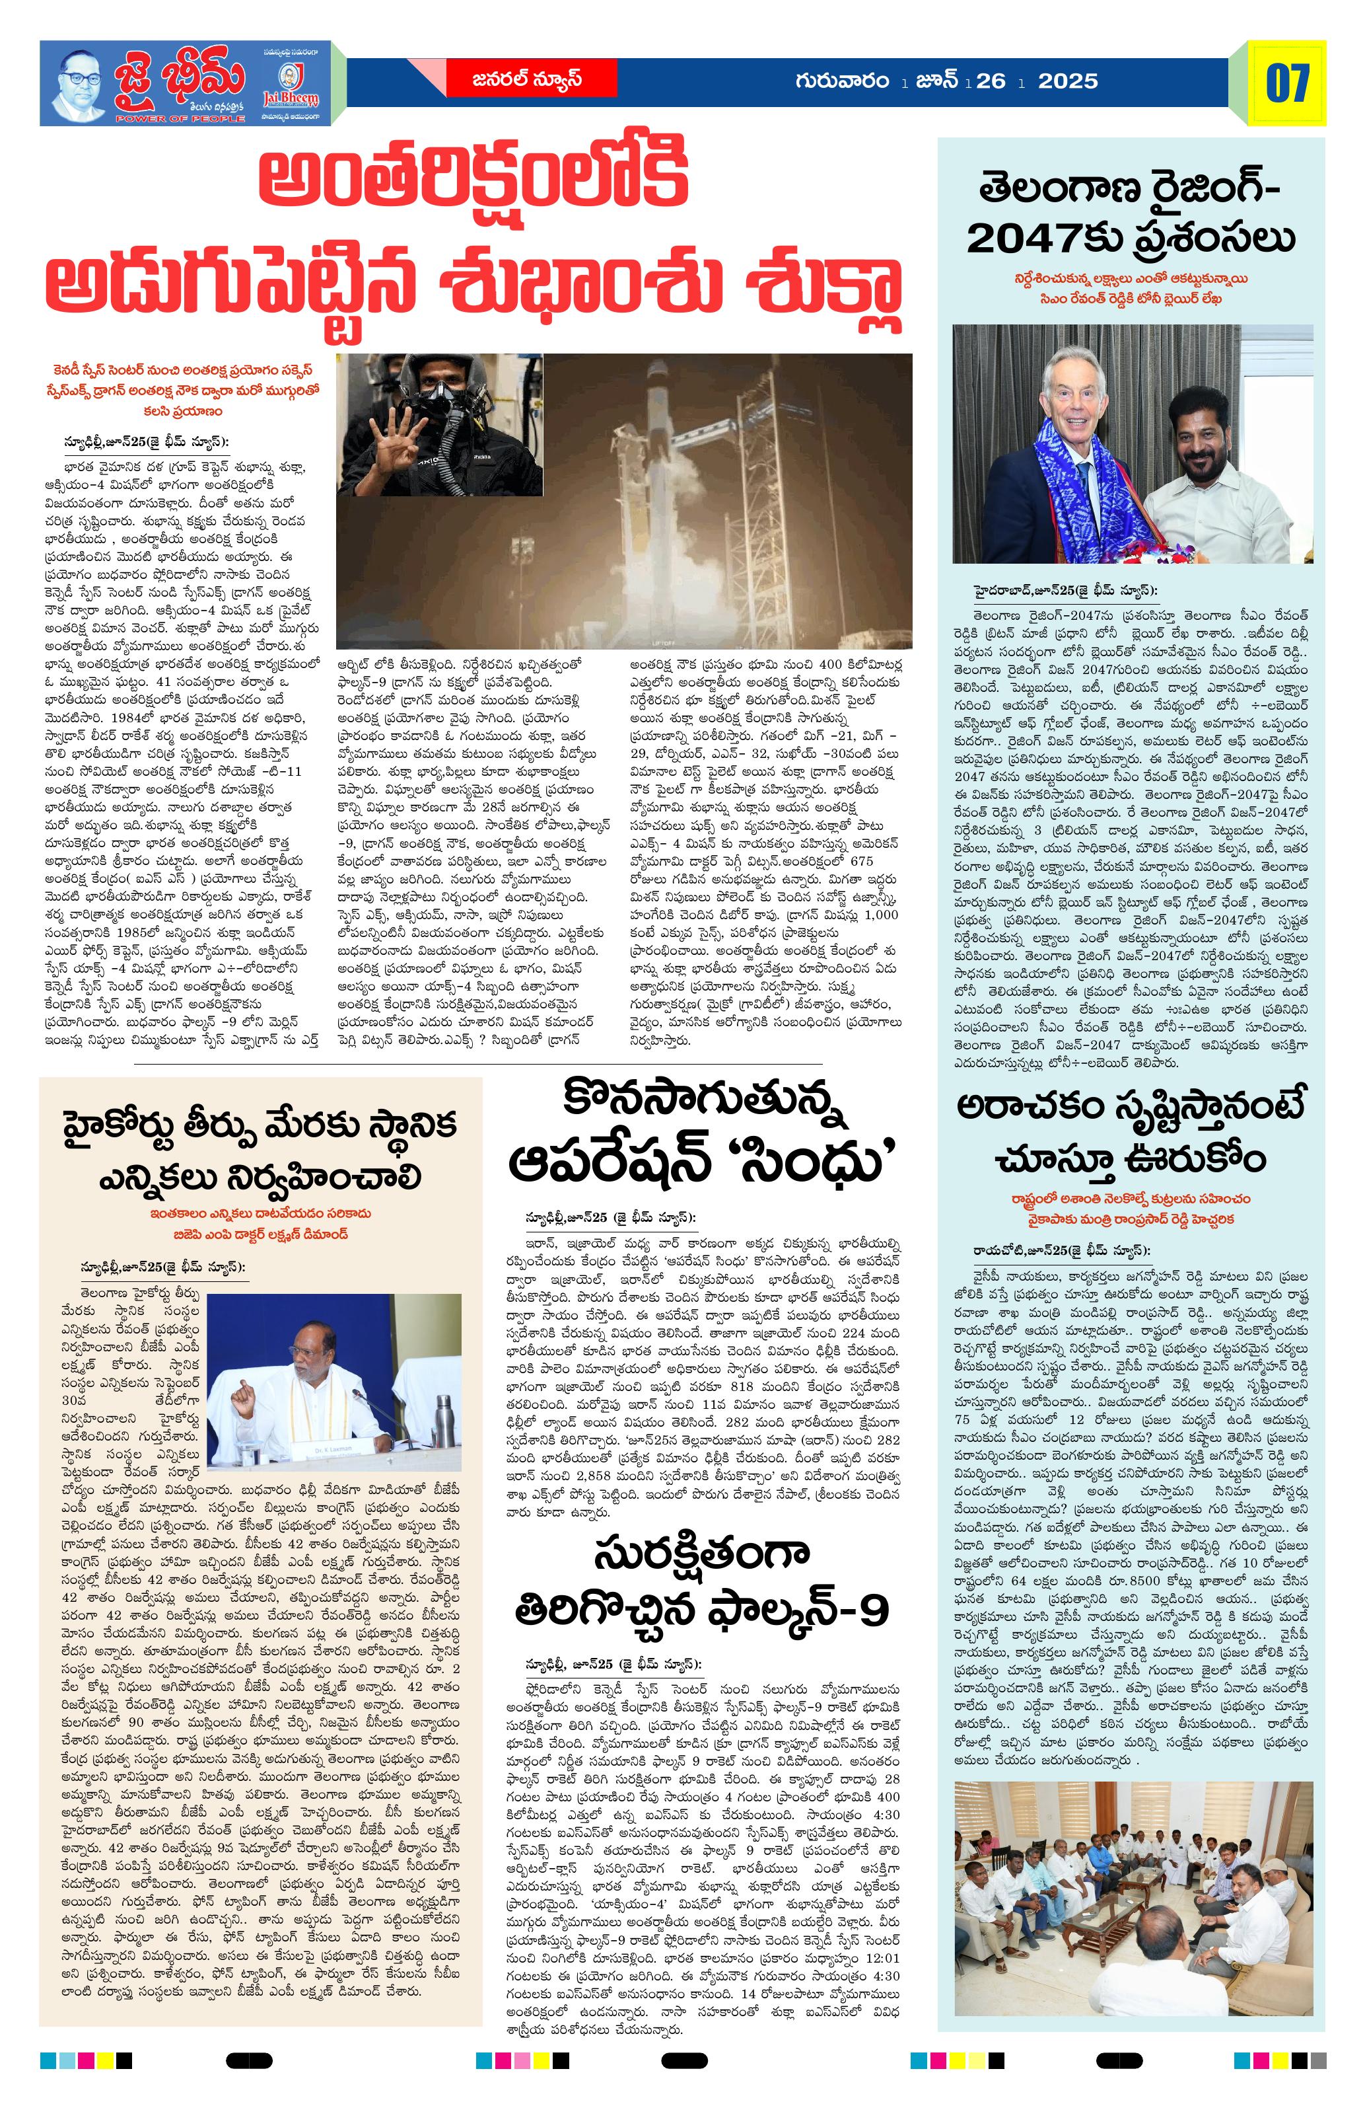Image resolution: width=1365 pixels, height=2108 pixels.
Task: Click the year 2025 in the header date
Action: coord(1068,81)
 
